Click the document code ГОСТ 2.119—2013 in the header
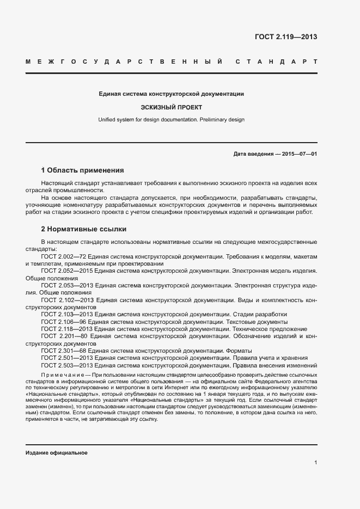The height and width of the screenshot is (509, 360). click(285, 38)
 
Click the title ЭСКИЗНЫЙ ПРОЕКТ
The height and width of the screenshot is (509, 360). click(171, 107)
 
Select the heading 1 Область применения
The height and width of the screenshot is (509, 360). click(83, 170)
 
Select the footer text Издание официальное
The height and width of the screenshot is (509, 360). click(57, 453)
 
